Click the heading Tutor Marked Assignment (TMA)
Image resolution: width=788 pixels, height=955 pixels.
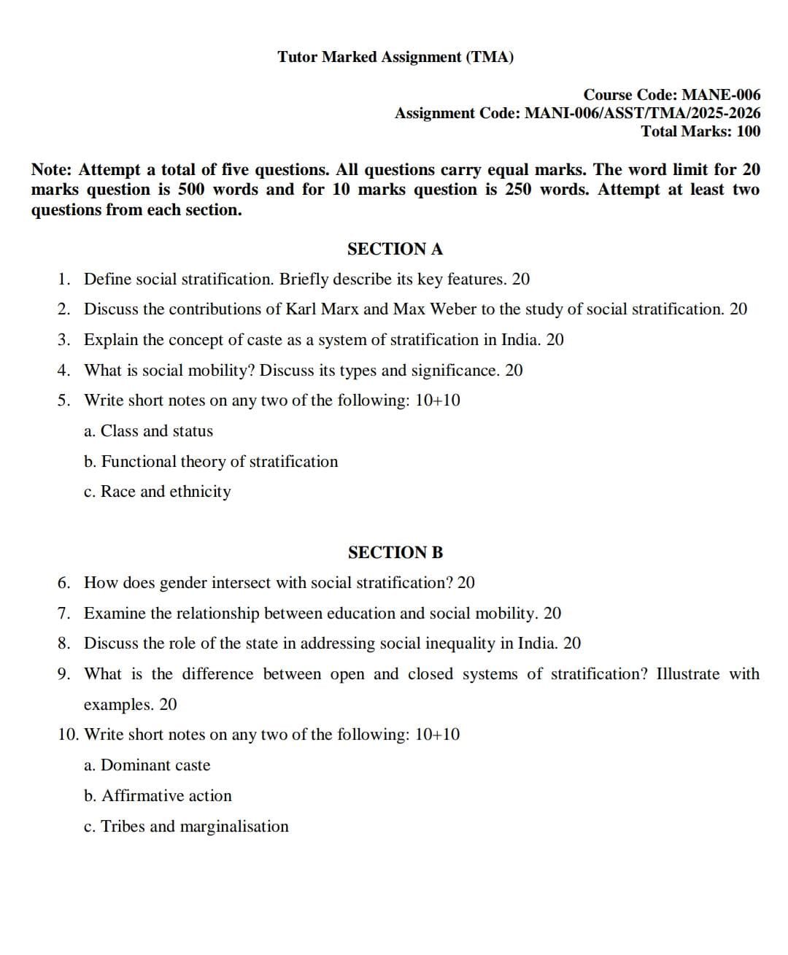(395, 57)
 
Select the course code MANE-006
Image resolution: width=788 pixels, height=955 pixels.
(720, 95)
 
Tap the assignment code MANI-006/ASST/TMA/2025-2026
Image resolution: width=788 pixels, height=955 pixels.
(642, 113)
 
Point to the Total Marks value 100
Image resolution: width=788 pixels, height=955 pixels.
(748, 131)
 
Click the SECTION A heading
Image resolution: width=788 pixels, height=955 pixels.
(395, 249)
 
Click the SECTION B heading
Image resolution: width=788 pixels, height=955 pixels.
(395, 552)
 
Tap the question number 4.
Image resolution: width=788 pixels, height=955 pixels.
(64, 370)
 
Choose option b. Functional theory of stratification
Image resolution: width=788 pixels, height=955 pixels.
(211, 461)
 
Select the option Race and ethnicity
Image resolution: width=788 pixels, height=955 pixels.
(165, 492)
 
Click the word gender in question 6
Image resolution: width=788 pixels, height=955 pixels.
(182, 583)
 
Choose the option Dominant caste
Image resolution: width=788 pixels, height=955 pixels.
(155, 765)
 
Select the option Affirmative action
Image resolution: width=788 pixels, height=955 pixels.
(166, 796)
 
